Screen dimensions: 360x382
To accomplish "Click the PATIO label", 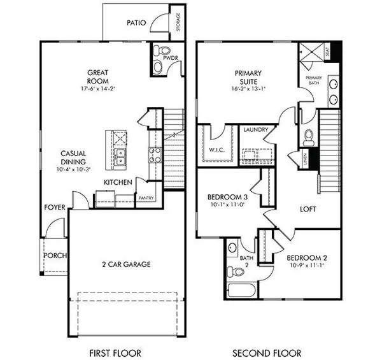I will click(136, 23).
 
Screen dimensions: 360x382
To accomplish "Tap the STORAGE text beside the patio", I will click(179, 22).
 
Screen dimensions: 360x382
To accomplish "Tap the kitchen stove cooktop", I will click(154, 153).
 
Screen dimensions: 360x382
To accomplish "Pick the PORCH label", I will click(55, 256).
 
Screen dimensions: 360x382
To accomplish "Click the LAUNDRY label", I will click(255, 130).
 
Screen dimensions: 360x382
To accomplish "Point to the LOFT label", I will click(309, 209).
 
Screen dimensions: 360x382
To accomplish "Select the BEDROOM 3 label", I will click(228, 198).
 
